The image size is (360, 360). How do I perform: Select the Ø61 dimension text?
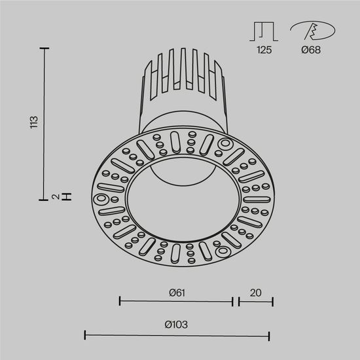tap(175, 292)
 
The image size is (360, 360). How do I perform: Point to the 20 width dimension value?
tap(255, 292)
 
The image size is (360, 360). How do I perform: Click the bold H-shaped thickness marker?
tap(66, 196)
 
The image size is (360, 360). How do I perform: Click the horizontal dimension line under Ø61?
tap(175, 302)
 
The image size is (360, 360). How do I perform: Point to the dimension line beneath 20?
tap(255, 302)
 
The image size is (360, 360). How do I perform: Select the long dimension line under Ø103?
tap(177, 335)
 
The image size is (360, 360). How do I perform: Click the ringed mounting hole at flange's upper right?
tap(225, 143)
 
